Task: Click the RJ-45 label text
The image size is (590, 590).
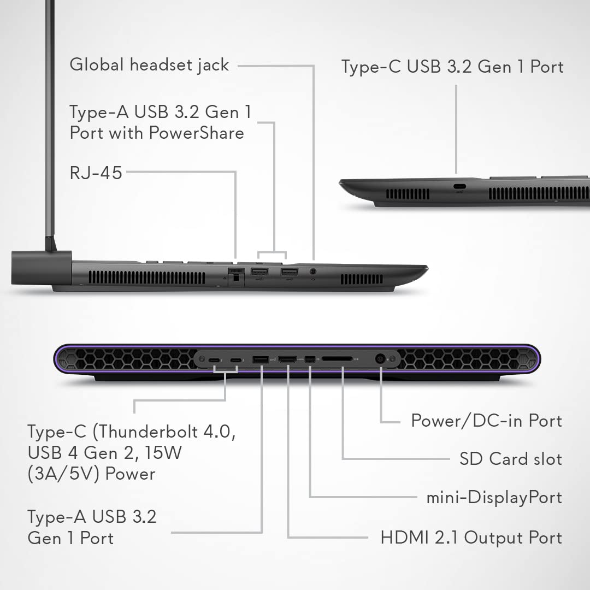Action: click(96, 173)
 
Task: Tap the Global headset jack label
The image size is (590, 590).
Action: click(149, 64)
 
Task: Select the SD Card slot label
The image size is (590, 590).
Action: click(511, 459)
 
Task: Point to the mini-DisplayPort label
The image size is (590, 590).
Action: click(494, 498)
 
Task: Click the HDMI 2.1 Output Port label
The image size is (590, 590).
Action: click(471, 538)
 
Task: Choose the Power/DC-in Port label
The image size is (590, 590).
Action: click(487, 420)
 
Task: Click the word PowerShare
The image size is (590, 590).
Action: click(197, 133)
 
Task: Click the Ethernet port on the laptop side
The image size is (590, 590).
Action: click(236, 276)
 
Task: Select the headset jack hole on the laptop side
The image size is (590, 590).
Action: click(312, 272)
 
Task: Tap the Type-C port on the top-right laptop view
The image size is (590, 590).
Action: click(459, 186)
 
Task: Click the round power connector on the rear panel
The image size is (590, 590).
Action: click(380, 359)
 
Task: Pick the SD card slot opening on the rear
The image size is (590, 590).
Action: click(337, 359)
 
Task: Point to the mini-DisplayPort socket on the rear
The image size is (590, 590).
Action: click(310, 359)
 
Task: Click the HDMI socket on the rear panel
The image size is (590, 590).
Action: click(287, 359)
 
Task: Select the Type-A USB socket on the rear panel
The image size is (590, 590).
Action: click(261, 359)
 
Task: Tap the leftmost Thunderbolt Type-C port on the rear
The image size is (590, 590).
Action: click(214, 360)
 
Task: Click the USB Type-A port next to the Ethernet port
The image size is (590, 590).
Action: click(259, 272)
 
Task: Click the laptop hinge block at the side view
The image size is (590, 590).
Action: click(42, 268)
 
